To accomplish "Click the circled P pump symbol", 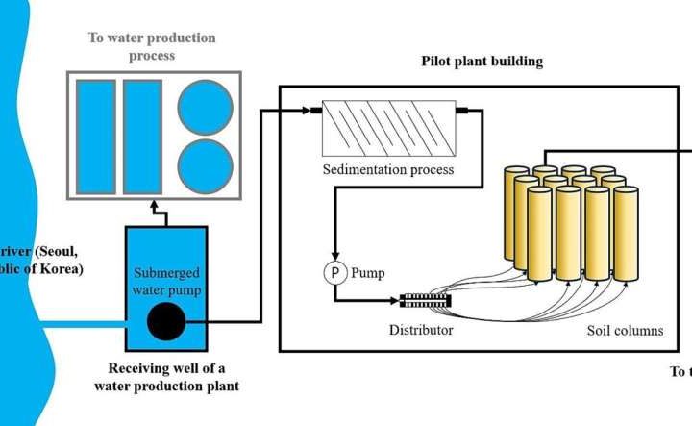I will (x=335, y=272).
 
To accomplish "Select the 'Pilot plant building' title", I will (x=482, y=62).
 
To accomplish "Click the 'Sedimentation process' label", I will (x=387, y=170).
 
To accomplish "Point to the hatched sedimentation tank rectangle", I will (x=387, y=129).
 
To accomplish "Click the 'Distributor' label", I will (x=421, y=331).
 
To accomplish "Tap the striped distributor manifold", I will (x=425, y=301).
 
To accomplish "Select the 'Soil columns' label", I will (x=625, y=331).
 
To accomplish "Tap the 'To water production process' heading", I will (x=153, y=46).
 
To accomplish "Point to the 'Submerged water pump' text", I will (x=166, y=278).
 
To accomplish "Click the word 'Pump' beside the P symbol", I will (x=368, y=273).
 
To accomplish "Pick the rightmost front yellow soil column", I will (x=626, y=235).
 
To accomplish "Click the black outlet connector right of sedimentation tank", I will (x=460, y=111).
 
